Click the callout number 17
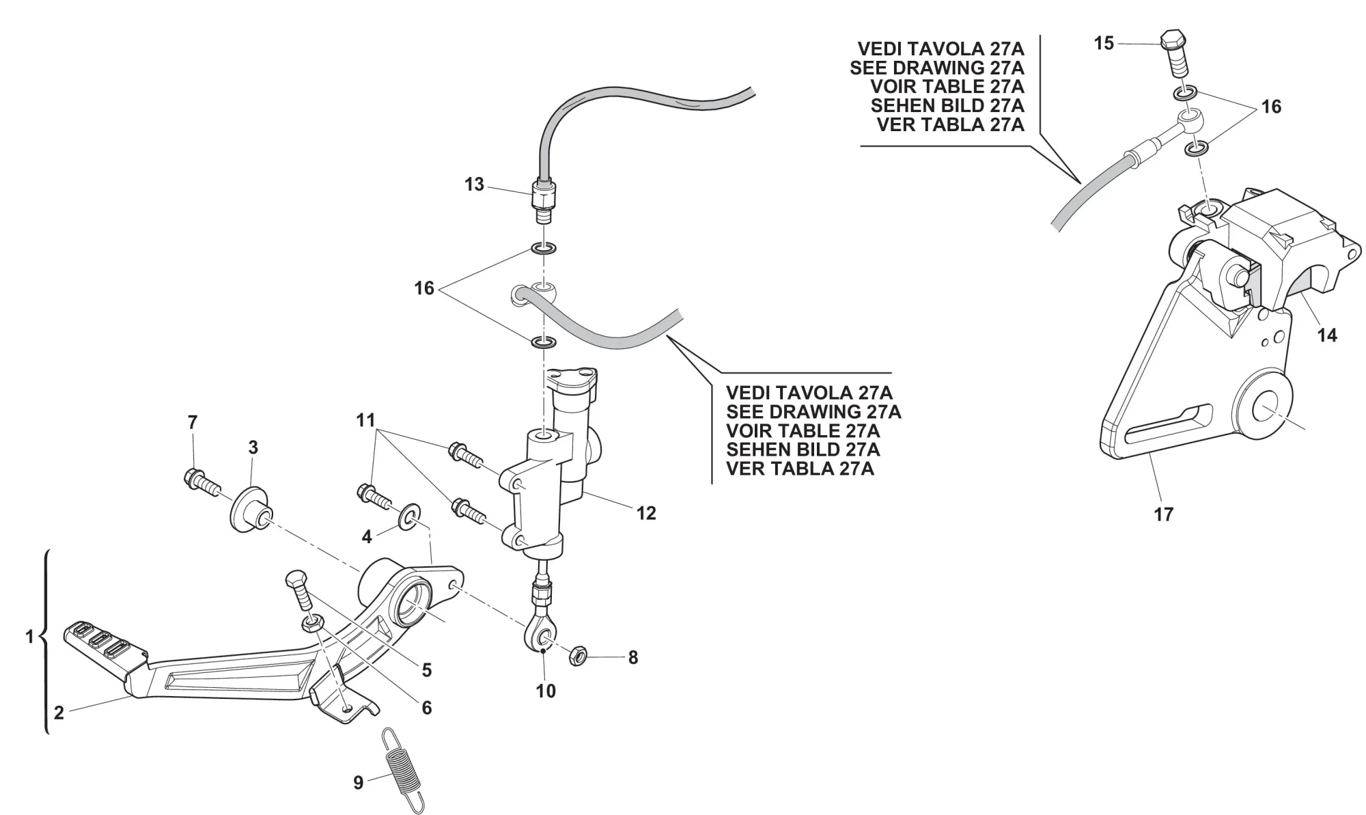[x=1163, y=514]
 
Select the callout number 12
[x=645, y=513]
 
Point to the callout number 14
[x=1326, y=335]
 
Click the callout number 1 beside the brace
[x=29, y=637]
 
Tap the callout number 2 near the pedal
[x=59, y=713]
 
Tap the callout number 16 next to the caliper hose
[x=1271, y=107]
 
